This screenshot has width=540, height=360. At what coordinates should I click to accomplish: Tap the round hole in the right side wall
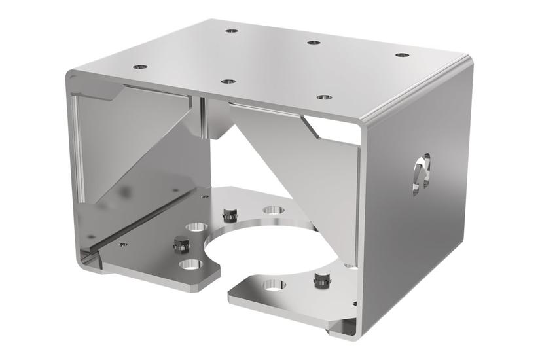pos(422,172)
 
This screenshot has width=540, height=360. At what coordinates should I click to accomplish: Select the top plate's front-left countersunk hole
pos(139,67)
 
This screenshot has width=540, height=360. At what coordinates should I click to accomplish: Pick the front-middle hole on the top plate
pos(228,81)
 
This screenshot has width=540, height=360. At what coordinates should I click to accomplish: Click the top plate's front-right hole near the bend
pos(324,98)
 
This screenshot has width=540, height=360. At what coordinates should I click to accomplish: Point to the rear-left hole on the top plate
pos(230,30)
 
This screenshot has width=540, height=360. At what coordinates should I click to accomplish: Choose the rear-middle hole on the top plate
pos(314,43)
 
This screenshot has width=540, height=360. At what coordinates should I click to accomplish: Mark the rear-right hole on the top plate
pos(403,55)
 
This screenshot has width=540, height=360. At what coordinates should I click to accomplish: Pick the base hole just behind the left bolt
pos(194,226)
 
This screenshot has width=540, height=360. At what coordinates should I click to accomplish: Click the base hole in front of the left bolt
pos(190,265)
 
